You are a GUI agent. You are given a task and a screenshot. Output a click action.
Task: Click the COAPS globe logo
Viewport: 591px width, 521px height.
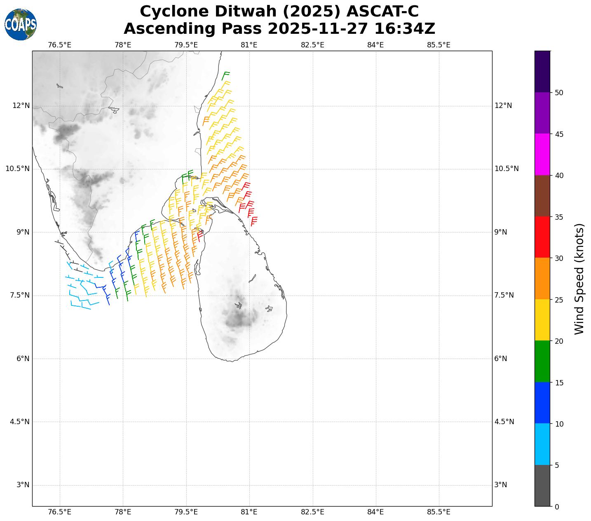[21, 24]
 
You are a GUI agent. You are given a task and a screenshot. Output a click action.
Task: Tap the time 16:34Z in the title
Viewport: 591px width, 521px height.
[404, 29]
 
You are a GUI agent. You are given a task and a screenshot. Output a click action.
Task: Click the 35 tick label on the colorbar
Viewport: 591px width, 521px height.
[559, 217]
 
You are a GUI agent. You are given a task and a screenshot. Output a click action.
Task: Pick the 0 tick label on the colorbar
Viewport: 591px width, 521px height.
[557, 507]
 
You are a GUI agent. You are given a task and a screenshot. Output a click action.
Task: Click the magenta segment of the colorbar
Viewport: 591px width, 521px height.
[542, 155]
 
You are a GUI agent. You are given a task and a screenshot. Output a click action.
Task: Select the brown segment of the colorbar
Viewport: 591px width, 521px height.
[542, 196]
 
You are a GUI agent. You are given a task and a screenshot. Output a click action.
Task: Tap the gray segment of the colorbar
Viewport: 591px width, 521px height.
[542, 486]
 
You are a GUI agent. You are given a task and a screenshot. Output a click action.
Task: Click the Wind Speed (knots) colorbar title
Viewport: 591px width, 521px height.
[579, 279]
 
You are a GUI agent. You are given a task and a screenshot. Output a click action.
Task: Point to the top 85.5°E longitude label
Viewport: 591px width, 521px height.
[439, 45]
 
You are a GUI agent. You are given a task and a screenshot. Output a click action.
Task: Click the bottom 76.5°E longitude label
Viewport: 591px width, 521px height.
[60, 512]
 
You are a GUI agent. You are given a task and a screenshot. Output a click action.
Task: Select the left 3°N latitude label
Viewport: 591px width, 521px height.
[23, 485]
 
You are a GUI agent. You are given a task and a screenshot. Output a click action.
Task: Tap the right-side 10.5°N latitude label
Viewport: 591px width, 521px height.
[507, 169]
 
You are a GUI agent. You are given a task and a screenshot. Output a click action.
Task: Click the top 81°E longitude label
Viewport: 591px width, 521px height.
[249, 45]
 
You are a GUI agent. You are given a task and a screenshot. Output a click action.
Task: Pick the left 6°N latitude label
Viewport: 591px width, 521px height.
[23, 359]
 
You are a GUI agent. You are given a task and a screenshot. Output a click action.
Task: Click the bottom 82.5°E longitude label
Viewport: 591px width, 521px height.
[312, 512]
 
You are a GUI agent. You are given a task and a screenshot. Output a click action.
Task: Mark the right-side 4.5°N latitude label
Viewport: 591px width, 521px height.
[504, 422]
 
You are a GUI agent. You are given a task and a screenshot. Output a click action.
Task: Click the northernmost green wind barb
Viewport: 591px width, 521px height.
[225, 75]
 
